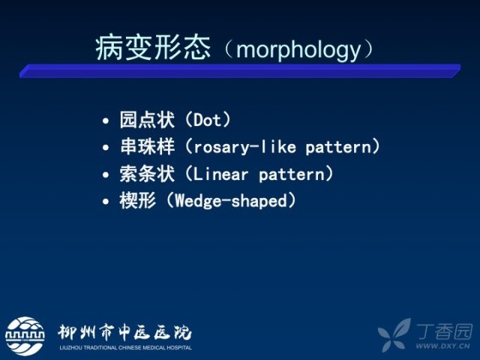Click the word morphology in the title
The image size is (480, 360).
[298, 49]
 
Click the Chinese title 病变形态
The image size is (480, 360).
[153, 48]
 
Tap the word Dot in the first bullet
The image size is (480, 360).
[207, 120]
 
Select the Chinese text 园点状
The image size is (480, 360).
[147, 120]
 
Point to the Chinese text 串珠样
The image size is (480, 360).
[147, 146]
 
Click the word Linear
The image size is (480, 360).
[220, 175]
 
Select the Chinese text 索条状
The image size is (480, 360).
[147, 173]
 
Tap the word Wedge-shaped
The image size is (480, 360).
[231, 201]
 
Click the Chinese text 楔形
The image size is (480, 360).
[138, 201]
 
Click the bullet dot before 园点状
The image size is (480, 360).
[106, 121]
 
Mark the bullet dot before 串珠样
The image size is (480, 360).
[106, 148]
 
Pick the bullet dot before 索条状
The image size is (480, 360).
[106, 175]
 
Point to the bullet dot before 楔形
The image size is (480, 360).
[106, 202]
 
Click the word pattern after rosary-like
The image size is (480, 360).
[338, 148]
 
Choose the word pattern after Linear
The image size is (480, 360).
[292, 175]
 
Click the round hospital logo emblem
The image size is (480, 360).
[25, 336]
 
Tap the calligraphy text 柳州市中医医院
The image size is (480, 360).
[124, 332]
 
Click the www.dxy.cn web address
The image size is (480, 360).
[442, 346]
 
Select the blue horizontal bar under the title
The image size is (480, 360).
[240, 70]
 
